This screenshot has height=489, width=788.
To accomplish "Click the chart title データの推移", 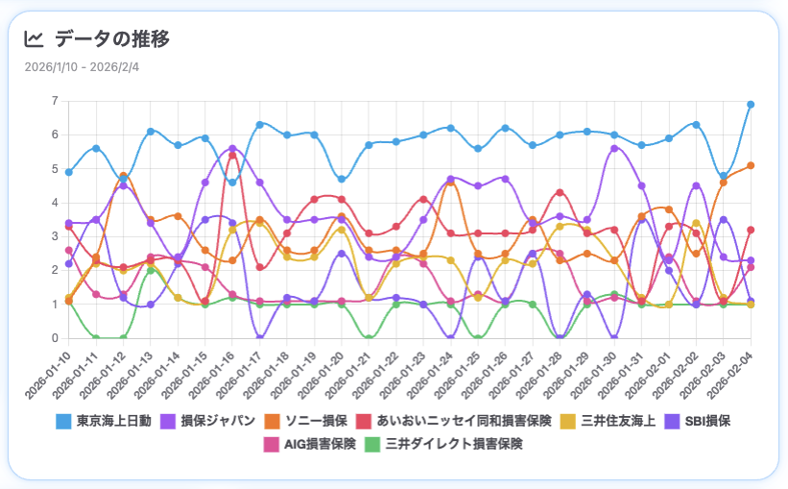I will coord(112,39).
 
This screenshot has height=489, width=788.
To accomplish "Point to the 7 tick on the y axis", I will coord(55,101).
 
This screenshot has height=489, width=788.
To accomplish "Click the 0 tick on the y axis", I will coord(55,338).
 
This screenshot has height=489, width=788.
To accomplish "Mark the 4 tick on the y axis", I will coord(55,203).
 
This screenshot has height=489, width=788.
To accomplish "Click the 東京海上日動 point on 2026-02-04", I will coord(751,104).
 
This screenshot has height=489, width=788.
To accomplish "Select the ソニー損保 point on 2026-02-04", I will coord(751,165).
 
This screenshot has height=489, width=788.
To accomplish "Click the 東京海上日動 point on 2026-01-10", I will coord(68,172).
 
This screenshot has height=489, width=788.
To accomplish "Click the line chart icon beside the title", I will coord(34,39).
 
